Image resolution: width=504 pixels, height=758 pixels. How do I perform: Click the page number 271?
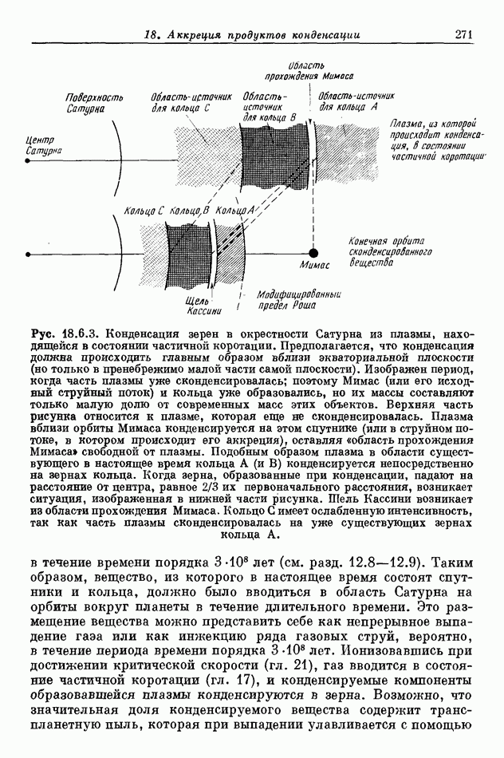pos(465,34)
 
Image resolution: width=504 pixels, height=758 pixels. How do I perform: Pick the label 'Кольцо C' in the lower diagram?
pos(144,210)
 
